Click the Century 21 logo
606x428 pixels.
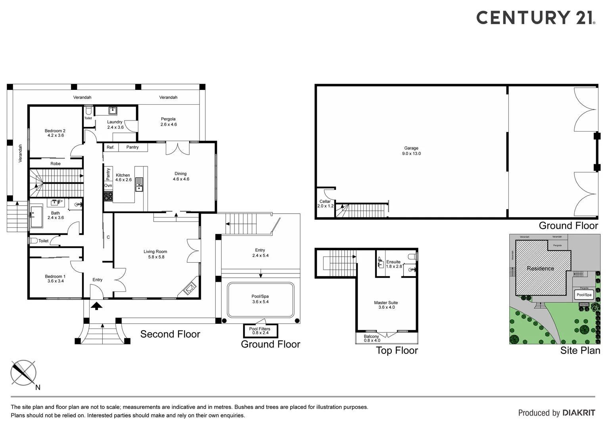tap(535, 18)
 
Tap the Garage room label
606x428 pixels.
tap(411, 151)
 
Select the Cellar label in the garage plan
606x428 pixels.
tap(325, 204)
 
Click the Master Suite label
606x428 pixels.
tap(386, 305)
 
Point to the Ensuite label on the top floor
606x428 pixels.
tap(393, 264)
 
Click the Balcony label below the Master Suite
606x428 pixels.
tap(372, 338)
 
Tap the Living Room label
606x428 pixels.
tap(155, 254)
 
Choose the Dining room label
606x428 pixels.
tap(180, 176)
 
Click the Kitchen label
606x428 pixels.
tap(123, 177)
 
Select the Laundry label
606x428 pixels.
tap(115, 124)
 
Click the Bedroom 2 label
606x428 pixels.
tap(55, 133)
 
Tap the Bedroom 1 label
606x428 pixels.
tap(55, 279)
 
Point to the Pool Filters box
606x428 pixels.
tap(260, 331)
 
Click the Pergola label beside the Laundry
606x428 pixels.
tap(168, 121)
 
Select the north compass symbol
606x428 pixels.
tap(23, 373)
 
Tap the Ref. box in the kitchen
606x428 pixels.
tap(110, 147)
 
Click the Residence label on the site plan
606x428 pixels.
tap(540, 268)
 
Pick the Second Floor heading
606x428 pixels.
tap(170, 334)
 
